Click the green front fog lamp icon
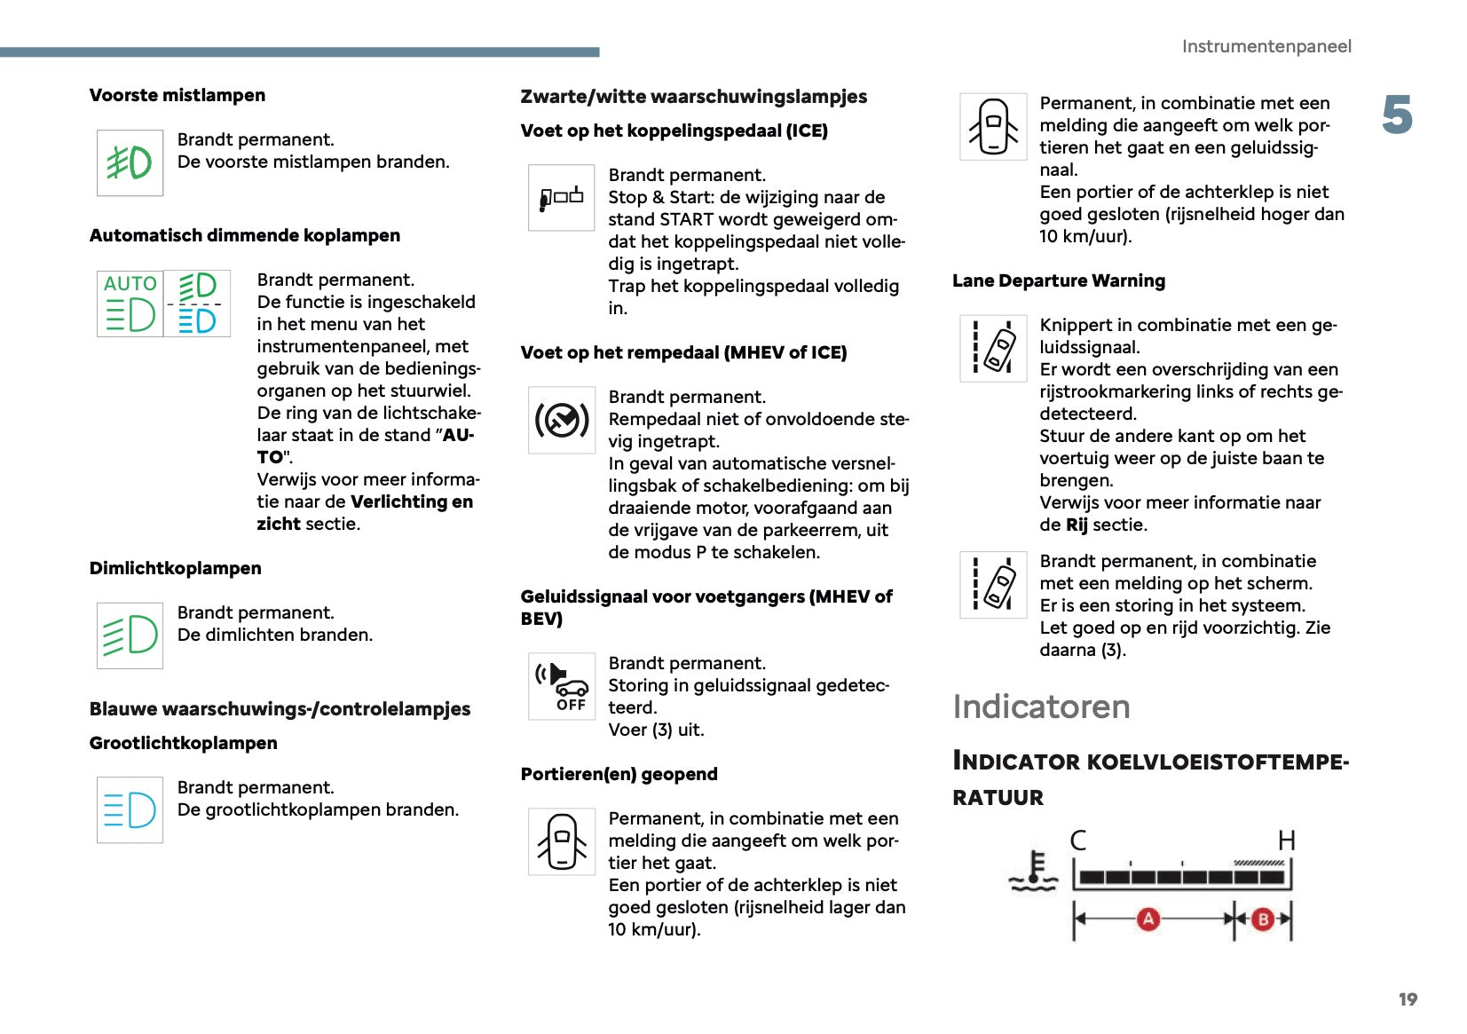click(x=130, y=162)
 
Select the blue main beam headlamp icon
click(x=130, y=809)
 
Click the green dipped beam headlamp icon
click(x=130, y=635)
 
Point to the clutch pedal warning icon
click(x=561, y=197)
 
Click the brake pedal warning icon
click(x=561, y=420)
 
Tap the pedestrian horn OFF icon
click(x=561, y=686)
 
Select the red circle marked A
click(x=1148, y=919)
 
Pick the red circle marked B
click(x=1262, y=920)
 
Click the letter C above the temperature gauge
click(x=1078, y=840)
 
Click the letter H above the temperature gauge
click(x=1286, y=840)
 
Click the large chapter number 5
click(x=1397, y=115)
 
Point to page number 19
click(x=1408, y=999)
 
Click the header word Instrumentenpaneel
click(x=1266, y=46)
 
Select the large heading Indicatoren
click(x=1041, y=706)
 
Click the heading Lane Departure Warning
click(x=1058, y=280)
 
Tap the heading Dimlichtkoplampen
click(x=175, y=568)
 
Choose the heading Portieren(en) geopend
click(x=619, y=774)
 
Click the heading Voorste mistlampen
click(x=177, y=95)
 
